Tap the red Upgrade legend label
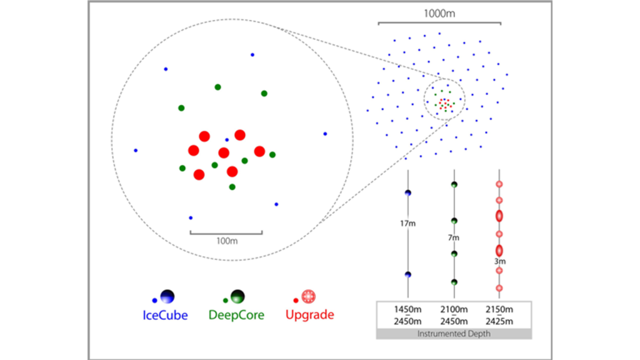pyautogui.click(x=309, y=316)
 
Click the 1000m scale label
pyautogui.click(x=439, y=12)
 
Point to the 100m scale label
pyautogui.click(x=226, y=241)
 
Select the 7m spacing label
pyautogui.click(x=454, y=238)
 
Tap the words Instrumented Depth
pyautogui.click(x=454, y=334)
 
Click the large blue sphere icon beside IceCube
pyautogui.click(x=167, y=296)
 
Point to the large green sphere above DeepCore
pyautogui.click(x=237, y=296)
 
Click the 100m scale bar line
pyautogui.click(x=226, y=232)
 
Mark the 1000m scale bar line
pyautogui.click(x=439, y=24)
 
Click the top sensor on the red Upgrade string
pyautogui.click(x=499, y=184)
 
